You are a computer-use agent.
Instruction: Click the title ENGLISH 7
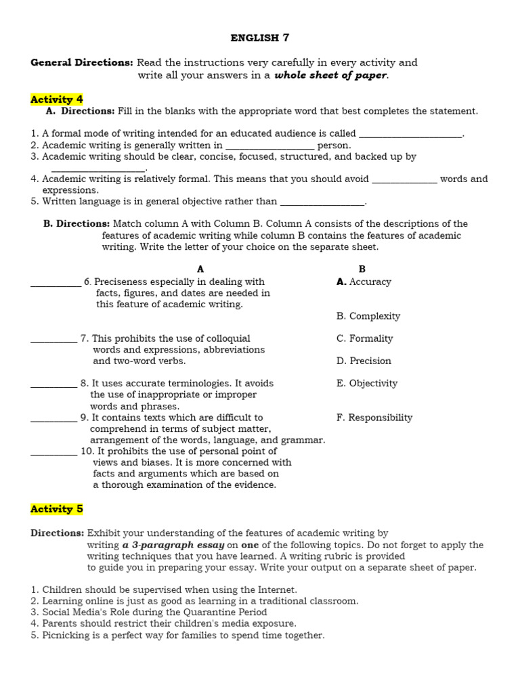[x=260, y=38]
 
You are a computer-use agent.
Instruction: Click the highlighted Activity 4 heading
[x=57, y=99]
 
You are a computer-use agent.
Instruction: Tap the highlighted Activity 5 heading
[x=57, y=509]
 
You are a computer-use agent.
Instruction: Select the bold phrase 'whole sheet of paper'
[x=330, y=75]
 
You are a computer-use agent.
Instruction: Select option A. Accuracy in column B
[x=364, y=282]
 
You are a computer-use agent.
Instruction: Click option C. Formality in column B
[x=364, y=338]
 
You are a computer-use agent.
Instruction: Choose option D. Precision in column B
[x=364, y=361]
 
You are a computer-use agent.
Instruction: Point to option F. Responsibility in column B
[x=374, y=418]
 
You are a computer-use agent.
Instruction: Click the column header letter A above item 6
[x=200, y=269]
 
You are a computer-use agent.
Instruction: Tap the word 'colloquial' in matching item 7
[x=226, y=338]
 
